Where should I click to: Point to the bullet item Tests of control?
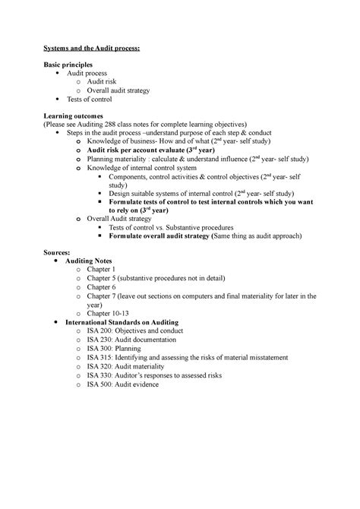pos(90,99)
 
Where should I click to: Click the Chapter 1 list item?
pos(101,269)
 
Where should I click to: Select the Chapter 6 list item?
pos(101,286)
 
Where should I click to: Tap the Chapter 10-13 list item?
pos(107,312)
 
